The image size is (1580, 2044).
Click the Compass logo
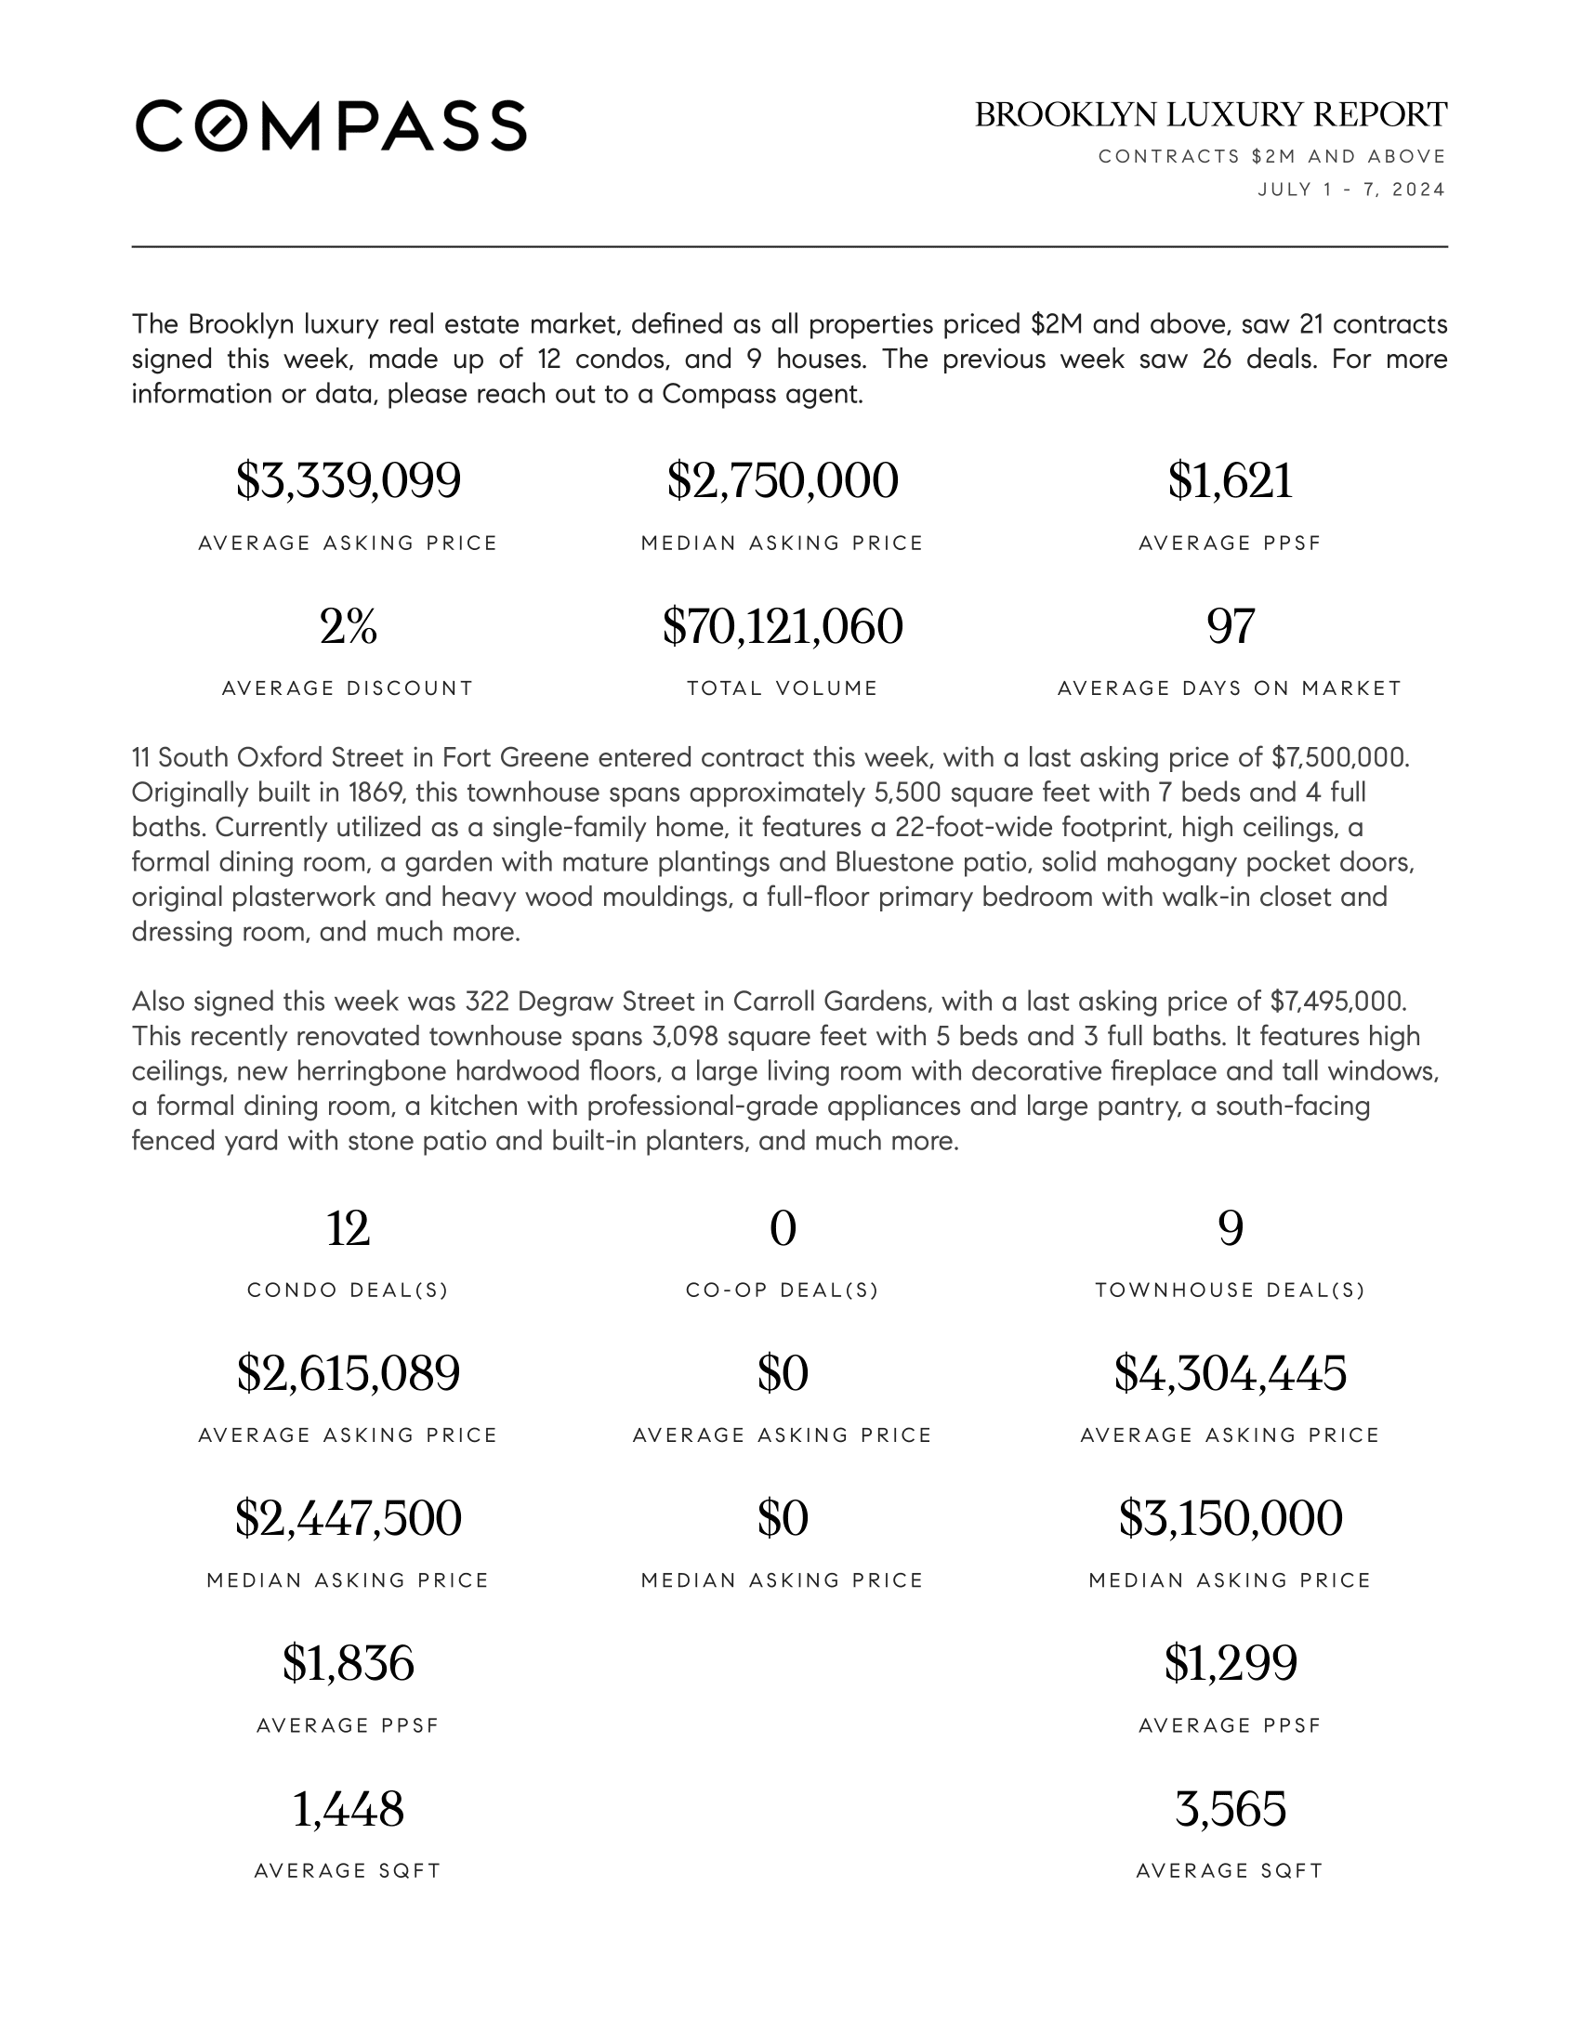click(x=331, y=125)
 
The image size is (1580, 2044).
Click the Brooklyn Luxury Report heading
click(x=1210, y=115)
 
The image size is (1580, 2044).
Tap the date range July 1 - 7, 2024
click(x=1350, y=190)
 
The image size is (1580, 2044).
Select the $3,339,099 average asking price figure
click(x=349, y=481)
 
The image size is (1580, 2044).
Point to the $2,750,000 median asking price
click(x=783, y=481)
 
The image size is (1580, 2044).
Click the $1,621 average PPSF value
click(x=1230, y=481)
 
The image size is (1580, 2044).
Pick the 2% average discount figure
click(x=349, y=626)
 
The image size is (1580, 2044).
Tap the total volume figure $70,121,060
click(x=783, y=626)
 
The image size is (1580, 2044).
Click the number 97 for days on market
click(x=1230, y=626)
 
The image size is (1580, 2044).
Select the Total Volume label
click(x=783, y=688)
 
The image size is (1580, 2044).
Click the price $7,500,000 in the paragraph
click(x=1338, y=757)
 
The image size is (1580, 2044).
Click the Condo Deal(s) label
click(x=349, y=1291)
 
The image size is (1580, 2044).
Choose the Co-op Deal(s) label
click(x=783, y=1291)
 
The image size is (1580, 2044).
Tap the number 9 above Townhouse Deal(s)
click(x=1230, y=1229)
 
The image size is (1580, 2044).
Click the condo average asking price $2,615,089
click(x=349, y=1374)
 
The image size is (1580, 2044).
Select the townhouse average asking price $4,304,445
click(x=1230, y=1374)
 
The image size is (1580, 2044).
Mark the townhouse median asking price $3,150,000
click(x=1230, y=1518)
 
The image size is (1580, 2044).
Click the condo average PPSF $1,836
click(x=349, y=1663)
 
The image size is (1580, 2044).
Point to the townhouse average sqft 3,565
click(x=1230, y=1809)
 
